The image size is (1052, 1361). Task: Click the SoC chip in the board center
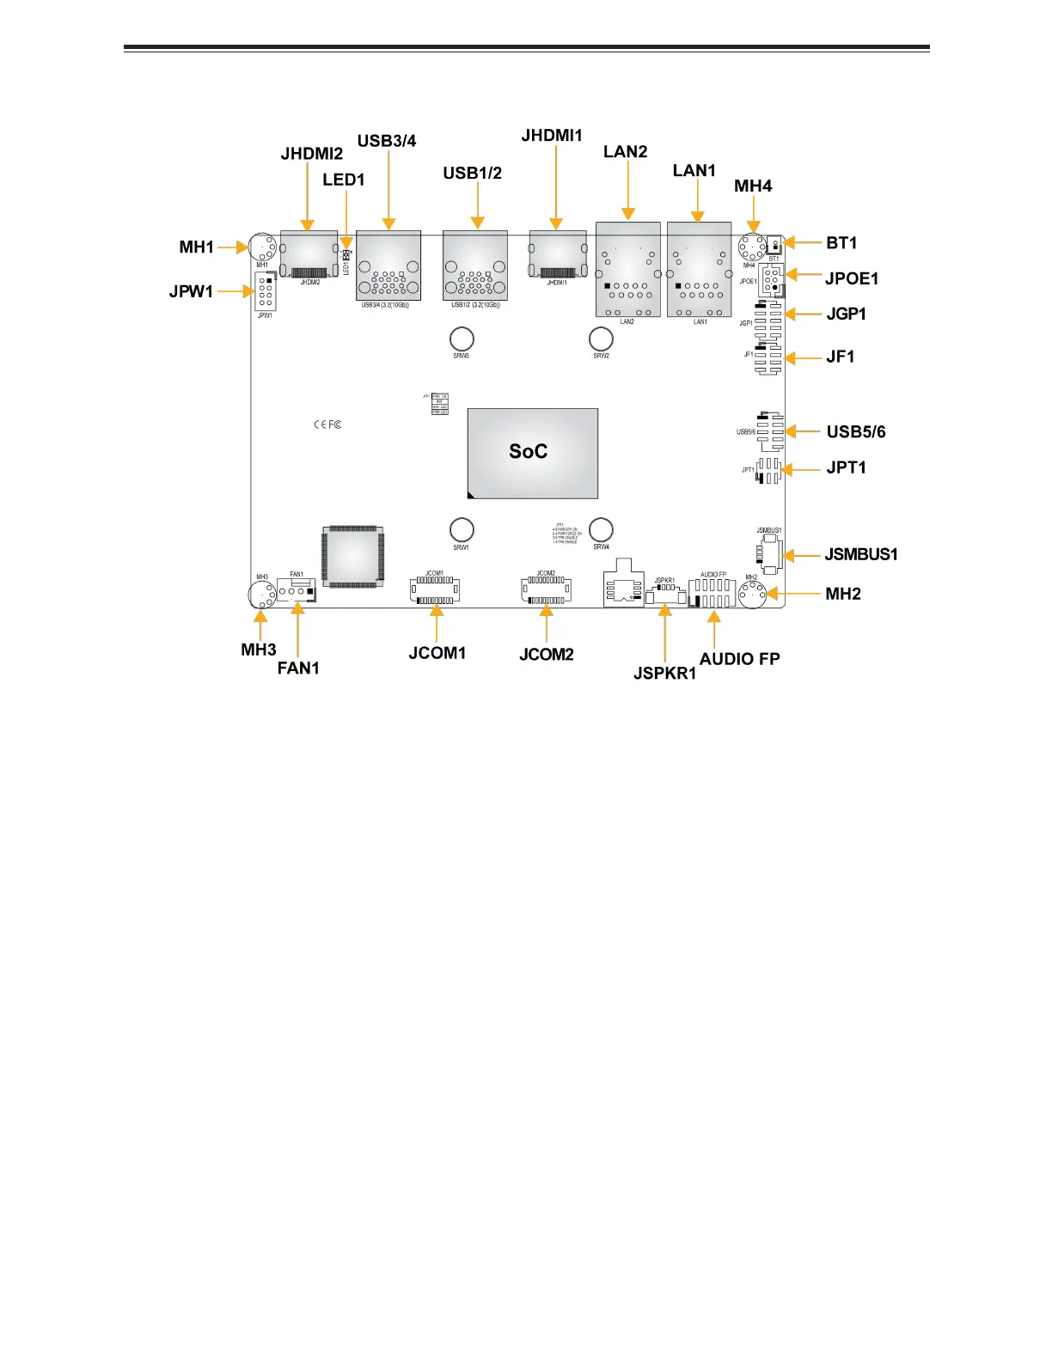(x=532, y=453)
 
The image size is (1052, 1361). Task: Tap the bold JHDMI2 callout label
(x=311, y=154)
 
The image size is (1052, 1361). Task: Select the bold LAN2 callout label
(x=625, y=152)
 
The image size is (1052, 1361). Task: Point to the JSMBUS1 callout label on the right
(x=860, y=554)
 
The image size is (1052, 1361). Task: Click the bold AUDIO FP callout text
(x=739, y=659)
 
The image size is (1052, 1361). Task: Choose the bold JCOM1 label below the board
(x=437, y=653)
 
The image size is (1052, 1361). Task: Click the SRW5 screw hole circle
(x=462, y=339)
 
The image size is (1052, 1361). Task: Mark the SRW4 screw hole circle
(x=601, y=529)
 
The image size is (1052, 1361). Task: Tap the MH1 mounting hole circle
(x=262, y=248)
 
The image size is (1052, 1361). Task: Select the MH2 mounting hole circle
(x=753, y=593)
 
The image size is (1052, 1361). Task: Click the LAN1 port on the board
(x=699, y=270)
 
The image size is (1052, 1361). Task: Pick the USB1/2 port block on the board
(x=475, y=265)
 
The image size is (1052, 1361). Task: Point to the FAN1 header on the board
(x=297, y=590)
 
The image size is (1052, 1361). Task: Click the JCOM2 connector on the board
(x=546, y=589)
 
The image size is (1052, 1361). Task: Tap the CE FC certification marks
(x=327, y=424)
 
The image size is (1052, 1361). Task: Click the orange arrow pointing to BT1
(x=803, y=243)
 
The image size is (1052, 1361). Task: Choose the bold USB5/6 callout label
(x=855, y=432)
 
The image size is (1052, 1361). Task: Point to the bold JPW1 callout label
(x=191, y=291)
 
